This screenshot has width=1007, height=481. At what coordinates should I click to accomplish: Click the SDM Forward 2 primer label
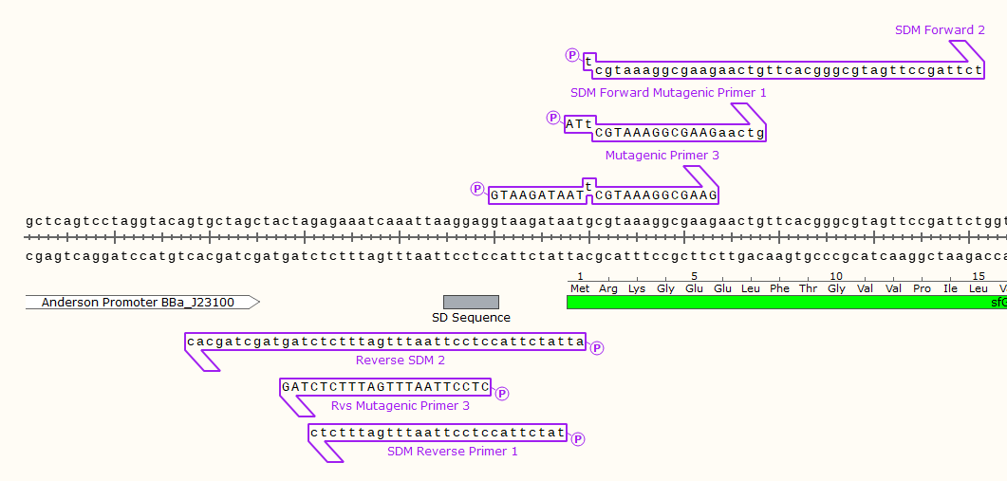pos(940,30)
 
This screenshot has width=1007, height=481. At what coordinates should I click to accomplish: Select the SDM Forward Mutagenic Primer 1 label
pos(668,93)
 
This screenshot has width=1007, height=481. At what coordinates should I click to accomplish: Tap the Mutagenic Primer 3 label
pos(662,156)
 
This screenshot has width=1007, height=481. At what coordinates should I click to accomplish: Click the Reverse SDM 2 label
pos(400,361)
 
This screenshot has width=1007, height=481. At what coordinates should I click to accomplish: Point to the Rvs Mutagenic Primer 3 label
pos(400,406)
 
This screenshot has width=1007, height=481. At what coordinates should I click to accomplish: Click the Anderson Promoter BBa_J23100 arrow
pos(142,303)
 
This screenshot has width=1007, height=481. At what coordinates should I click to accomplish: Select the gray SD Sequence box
pos(471,302)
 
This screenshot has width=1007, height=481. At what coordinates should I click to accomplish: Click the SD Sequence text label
pos(471,318)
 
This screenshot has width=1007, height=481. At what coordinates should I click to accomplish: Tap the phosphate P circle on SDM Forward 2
pos(572,55)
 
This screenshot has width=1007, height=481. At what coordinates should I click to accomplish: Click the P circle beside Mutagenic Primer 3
pos(477,189)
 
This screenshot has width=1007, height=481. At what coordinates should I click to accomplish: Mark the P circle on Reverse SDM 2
pos(597,348)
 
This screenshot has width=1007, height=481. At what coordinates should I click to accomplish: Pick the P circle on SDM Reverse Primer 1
pos(577,438)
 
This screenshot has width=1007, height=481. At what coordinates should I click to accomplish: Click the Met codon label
pos(579,288)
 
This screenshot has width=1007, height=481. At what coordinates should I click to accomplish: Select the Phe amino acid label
pos(779,288)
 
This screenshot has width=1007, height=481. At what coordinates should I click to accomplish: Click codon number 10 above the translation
pos(835,276)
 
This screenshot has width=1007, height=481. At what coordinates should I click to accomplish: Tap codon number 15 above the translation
pos(978,276)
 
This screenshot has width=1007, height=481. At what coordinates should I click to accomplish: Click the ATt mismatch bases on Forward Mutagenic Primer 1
pos(578,123)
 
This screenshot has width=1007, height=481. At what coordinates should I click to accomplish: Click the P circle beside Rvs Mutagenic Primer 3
pos(503,393)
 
